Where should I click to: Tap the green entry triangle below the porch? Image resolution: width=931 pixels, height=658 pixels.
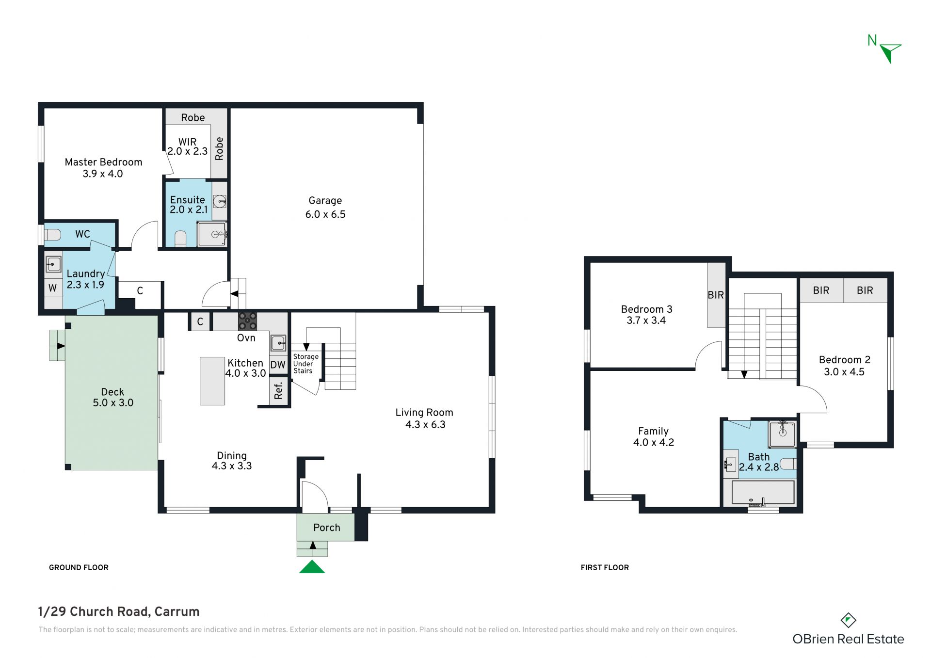pos(312,567)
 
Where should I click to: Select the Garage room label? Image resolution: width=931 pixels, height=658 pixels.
pos(325,200)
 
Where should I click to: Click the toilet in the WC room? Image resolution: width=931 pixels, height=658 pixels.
pos(52,235)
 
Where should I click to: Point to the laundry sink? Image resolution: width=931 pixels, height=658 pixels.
pos(53,265)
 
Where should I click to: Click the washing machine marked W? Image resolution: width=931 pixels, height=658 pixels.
pos(53,288)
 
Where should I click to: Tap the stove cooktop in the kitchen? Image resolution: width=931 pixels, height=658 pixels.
pos(247,321)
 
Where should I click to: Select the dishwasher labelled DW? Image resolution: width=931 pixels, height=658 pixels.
pos(278,365)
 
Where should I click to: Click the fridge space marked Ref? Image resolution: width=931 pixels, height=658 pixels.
pos(278,390)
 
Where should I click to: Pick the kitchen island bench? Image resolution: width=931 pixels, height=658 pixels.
pos(212,381)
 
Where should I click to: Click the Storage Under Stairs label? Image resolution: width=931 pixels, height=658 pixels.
pos(305,364)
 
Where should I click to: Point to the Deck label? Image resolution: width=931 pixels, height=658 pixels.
pos(112,392)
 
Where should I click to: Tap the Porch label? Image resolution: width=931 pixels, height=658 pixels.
pos(327,528)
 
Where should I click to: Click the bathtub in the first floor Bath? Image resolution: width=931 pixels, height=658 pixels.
pos(763,493)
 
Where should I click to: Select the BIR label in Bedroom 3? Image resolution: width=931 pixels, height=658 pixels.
pos(716,295)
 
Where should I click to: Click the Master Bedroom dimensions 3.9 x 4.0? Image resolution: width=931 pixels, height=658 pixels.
pos(103,174)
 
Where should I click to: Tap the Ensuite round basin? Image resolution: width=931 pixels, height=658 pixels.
pos(220,201)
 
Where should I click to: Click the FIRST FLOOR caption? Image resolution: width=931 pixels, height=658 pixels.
pos(605,567)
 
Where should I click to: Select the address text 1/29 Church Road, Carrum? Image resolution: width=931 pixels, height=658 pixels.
pos(119,611)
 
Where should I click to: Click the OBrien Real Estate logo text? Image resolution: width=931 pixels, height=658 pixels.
pos(848,639)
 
